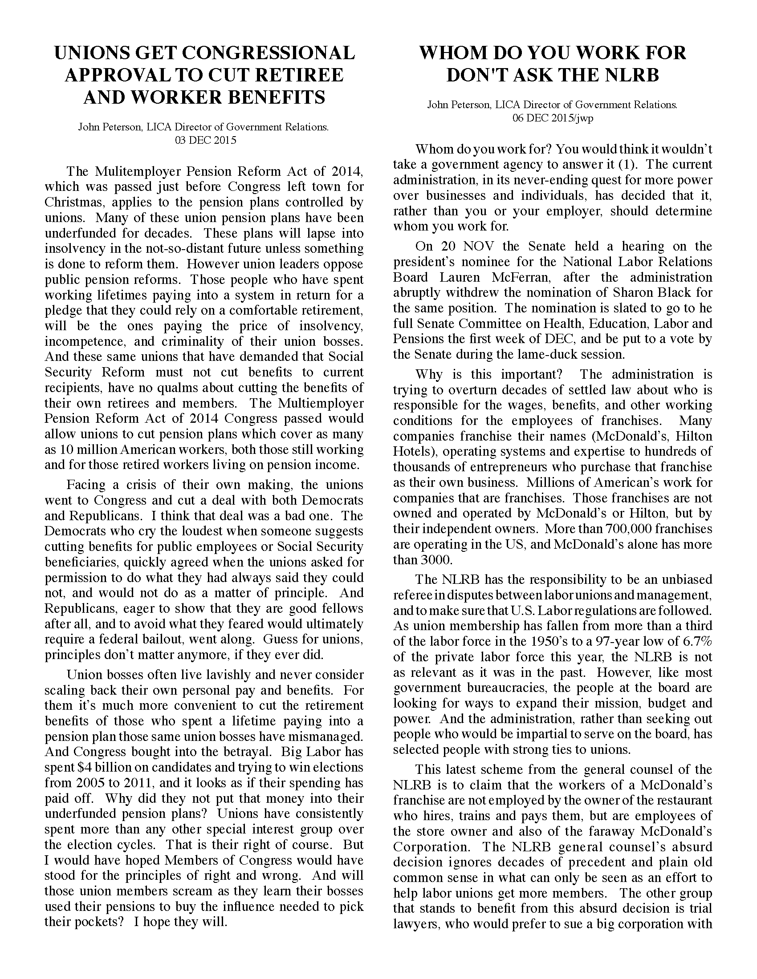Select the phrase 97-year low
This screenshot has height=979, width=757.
click(x=633, y=641)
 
